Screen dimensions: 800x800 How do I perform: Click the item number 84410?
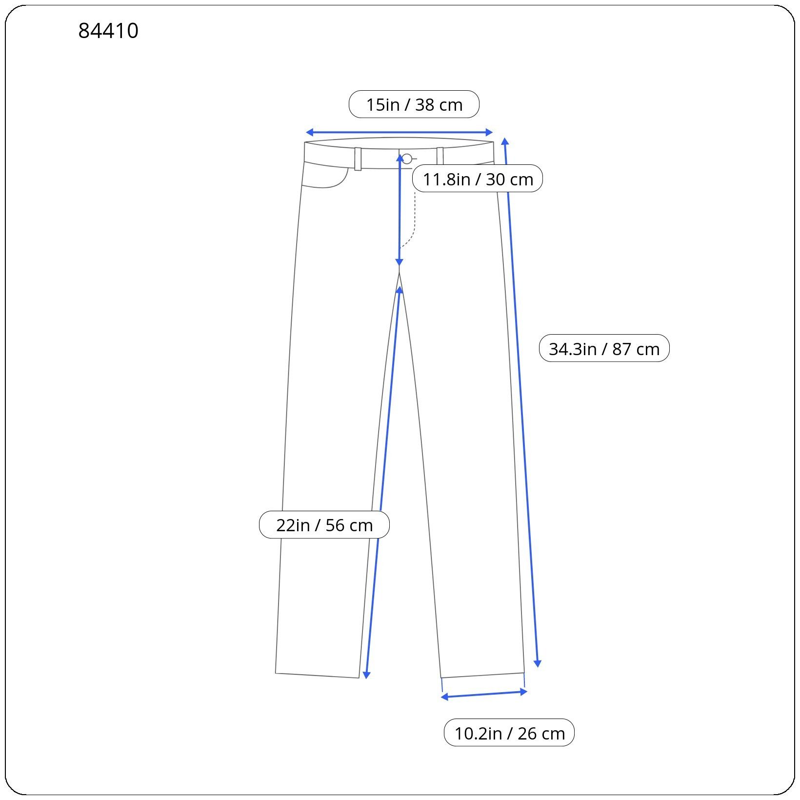(x=108, y=31)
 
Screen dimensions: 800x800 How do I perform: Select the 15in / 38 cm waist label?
(x=414, y=104)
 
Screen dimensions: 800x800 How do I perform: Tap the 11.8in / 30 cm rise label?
(x=478, y=179)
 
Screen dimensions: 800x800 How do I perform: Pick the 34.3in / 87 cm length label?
(x=604, y=348)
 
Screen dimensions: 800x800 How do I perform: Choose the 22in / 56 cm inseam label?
(x=324, y=525)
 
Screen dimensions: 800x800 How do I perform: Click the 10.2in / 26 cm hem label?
(x=509, y=733)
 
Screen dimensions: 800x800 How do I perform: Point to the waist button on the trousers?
(x=407, y=159)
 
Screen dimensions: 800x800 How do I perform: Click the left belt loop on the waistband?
(x=358, y=159)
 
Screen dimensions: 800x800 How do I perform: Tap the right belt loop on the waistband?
(x=440, y=157)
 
